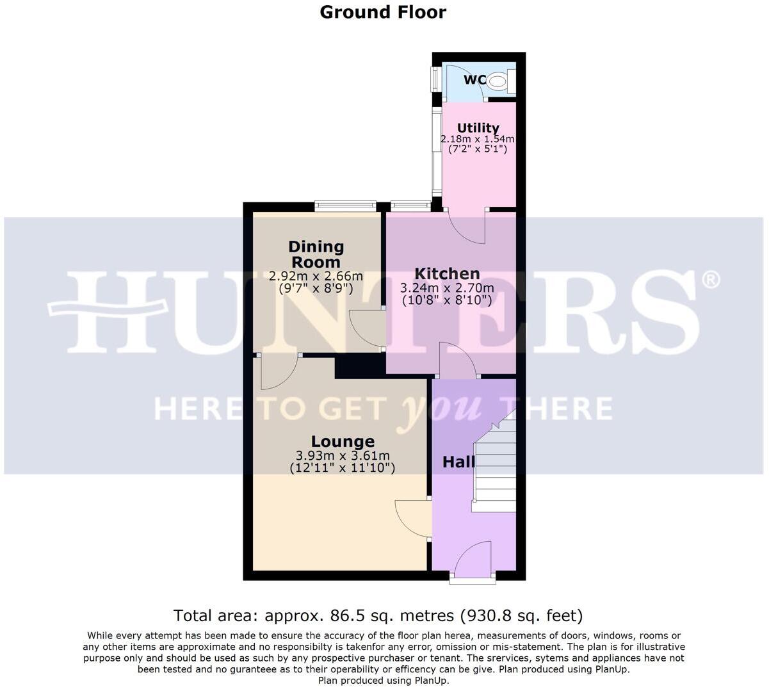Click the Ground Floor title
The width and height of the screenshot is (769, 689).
coord(383,12)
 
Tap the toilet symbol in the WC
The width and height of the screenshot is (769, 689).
coord(498,81)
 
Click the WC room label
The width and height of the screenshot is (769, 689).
coord(474,80)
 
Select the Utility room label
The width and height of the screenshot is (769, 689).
coord(478,128)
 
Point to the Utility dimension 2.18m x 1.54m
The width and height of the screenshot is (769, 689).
coord(478,139)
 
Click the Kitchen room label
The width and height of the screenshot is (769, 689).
coord(447,274)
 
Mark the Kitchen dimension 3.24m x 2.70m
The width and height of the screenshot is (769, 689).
coord(447,288)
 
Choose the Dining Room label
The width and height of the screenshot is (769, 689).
coord(316,254)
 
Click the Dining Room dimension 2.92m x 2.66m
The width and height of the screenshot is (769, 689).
coord(316,277)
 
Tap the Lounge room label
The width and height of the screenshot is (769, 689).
coord(343,442)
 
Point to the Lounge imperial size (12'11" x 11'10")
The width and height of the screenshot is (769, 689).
coord(343,468)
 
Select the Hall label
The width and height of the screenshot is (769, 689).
coord(458,462)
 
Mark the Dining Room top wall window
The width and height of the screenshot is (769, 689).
coord(345,206)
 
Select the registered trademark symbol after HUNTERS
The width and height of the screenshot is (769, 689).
coord(711,279)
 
